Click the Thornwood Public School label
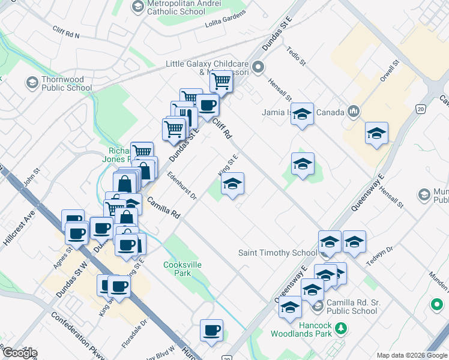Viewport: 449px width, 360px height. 67,83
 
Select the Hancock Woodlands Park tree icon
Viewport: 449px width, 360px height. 341,328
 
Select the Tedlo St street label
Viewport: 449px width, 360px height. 297,58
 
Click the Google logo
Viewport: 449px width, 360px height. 19,353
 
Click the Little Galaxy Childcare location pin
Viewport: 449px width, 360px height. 258,67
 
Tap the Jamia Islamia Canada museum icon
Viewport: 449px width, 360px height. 353,112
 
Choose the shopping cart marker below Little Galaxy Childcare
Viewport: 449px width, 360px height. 221,82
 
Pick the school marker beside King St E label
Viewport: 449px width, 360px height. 232,184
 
